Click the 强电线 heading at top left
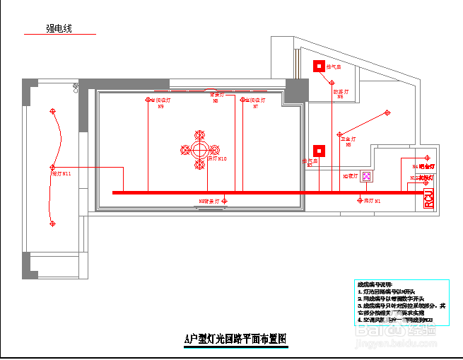pyautogui.click(x=59, y=28)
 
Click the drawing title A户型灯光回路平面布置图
pyautogui.click(x=235, y=339)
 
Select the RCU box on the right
pyautogui.click(x=428, y=199)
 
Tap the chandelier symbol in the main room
pyautogui.click(x=200, y=150)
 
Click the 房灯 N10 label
pyautogui.click(x=216, y=159)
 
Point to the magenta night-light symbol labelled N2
pyautogui.click(x=367, y=176)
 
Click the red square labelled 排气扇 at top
pyautogui.click(x=320, y=66)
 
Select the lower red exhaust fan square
pyautogui.click(x=320, y=151)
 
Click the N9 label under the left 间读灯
pyautogui.click(x=161, y=107)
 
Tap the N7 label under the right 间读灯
pyautogui.click(x=255, y=107)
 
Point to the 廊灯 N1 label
pyautogui.click(x=372, y=202)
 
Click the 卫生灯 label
pyautogui.click(x=348, y=140)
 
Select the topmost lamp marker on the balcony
pyautogui.click(x=52, y=111)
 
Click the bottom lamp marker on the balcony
pyautogui.click(x=52, y=223)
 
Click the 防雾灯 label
pyautogui.click(x=339, y=91)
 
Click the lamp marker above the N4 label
pyautogui.click(x=426, y=158)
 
